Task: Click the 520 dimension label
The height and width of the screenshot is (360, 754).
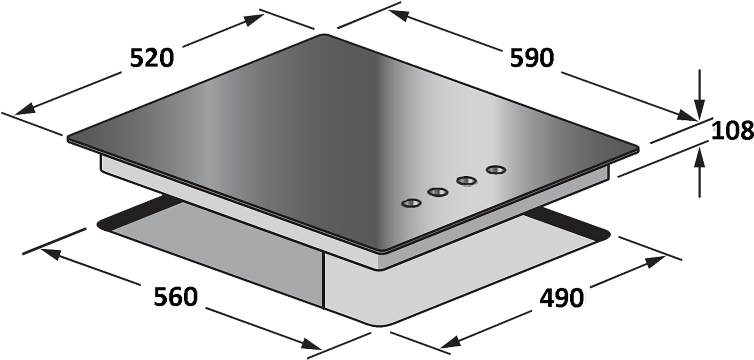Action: (152, 58)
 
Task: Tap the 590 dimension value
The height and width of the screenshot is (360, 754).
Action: (532, 58)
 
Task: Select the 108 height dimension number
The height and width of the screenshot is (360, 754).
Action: (732, 131)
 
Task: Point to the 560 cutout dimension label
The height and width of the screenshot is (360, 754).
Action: (176, 296)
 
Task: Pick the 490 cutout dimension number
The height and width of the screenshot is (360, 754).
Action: (561, 298)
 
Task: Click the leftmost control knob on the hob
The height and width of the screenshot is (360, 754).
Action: (412, 203)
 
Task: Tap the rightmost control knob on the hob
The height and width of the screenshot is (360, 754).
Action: (496, 170)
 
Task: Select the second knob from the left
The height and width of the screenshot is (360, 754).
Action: (438, 192)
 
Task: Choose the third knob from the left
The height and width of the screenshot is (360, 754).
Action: (467, 181)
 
